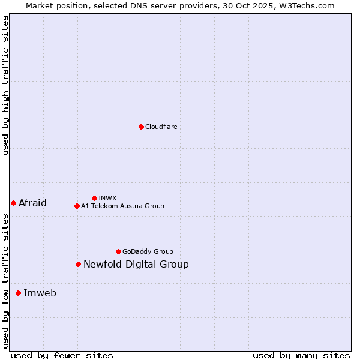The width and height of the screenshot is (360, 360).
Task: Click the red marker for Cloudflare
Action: click(x=141, y=127)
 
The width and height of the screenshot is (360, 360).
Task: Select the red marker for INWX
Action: click(x=94, y=198)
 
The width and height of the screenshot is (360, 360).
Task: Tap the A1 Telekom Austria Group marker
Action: click(x=77, y=206)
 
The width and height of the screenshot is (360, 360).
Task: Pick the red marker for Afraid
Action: click(x=13, y=203)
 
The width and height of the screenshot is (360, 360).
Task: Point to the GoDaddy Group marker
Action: click(x=118, y=251)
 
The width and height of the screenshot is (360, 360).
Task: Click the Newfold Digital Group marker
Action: click(x=78, y=264)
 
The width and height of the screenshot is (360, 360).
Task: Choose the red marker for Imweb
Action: click(x=18, y=293)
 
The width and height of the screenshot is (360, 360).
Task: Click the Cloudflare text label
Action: click(x=161, y=127)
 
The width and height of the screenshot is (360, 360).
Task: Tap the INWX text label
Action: click(x=107, y=198)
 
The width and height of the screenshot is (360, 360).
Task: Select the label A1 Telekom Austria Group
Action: click(x=122, y=206)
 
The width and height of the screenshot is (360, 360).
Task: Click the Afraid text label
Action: click(x=32, y=203)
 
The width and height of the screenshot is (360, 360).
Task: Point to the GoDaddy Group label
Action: click(x=148, y=251)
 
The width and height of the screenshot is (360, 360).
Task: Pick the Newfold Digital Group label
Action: click(x=136, y=264)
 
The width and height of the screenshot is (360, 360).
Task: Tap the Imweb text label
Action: click(x=40, y=293)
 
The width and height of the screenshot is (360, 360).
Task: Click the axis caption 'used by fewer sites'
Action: click(x=62, y=355)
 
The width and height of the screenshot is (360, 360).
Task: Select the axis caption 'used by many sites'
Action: click(x=301, y=355)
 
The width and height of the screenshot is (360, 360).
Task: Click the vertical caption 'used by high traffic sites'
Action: click(x=5, y=85)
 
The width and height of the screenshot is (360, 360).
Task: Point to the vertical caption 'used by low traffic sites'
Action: click(x=5, y=281)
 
